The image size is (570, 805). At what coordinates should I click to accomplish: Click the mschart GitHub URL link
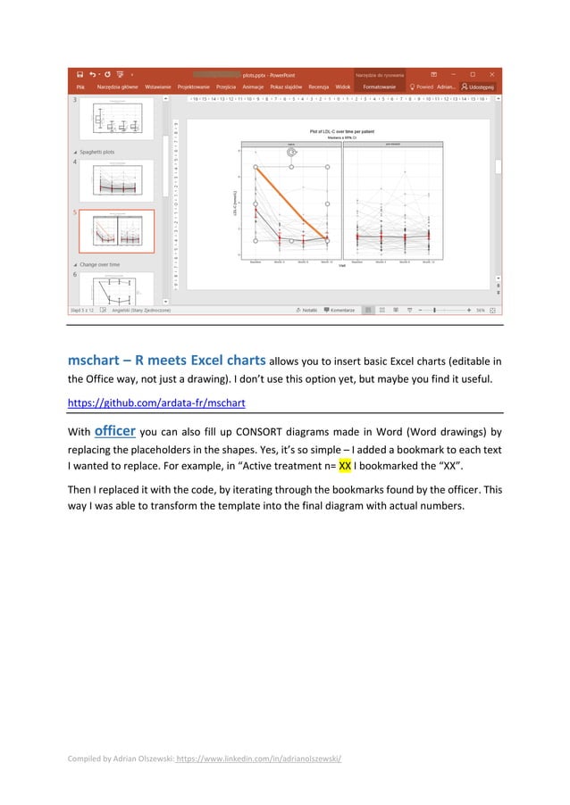pyautogui.click(x=156, y=402)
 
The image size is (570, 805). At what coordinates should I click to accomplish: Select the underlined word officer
pyautogui.click(x=114, y=430)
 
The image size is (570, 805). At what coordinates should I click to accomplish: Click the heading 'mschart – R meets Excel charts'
pyautogui.click(x=166, y=361)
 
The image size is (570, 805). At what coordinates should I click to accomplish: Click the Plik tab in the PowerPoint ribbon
pyautogui.click(x=80, y=87)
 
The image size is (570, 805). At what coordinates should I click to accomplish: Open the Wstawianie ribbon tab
pyautogui.click(x=158, y=87)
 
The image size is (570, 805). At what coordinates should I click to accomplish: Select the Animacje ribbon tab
pyautogui.click(x=253, y=87)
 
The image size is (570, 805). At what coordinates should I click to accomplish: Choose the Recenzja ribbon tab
pyautogui.click(x=318, y=87)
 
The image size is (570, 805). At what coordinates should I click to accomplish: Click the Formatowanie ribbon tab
pyautogui.click(x=379, y=87)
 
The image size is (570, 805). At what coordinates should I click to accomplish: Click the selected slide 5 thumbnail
pyautogui.click(x=116, y=231)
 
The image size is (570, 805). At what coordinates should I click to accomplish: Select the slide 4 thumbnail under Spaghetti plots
pyautogui.click(x=116, y=179)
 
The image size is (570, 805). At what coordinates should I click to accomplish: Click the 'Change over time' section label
pyautogui.click(x=101, y=264)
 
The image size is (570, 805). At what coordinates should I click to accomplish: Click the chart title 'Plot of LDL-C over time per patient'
pyautogui.click(x=343, y=131)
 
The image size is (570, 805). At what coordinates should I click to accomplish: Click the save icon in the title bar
pyautogui.click(x=80, y=73)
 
